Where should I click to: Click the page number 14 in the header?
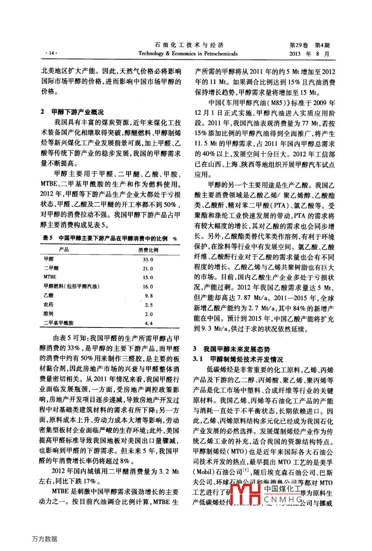[51, 53]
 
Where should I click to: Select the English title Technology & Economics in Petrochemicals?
[188, 53]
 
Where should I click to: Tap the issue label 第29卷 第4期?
[309, 45]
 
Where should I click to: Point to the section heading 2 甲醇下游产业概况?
[72, 112]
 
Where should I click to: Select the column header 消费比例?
[148, 250]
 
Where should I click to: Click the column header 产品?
[64, 250]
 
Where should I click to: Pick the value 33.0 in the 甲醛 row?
[148, 260]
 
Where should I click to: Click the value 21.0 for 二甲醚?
[148, 268]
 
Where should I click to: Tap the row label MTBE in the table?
[50, 277]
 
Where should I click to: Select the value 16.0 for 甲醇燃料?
[148, 286]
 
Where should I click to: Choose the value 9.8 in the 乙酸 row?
[149, 296]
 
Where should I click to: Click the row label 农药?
[49, 305]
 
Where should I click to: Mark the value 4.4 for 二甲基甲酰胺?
[149, 323]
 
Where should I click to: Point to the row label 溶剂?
[49, 314]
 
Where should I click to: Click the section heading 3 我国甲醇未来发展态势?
[232, 349]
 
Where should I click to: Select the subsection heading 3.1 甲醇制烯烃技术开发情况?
[238, 359]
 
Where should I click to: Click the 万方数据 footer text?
[44, 539]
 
